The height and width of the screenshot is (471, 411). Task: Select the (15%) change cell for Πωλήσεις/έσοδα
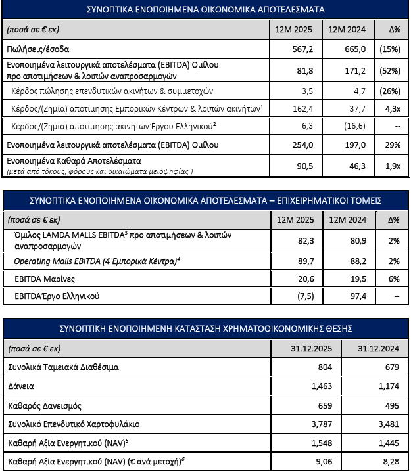click(x=388, y=49)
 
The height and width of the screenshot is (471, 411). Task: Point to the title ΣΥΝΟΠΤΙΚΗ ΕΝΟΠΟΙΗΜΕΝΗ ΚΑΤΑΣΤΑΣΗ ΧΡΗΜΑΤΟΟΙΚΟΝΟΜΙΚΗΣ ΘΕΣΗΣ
click(x=205, y=328)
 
